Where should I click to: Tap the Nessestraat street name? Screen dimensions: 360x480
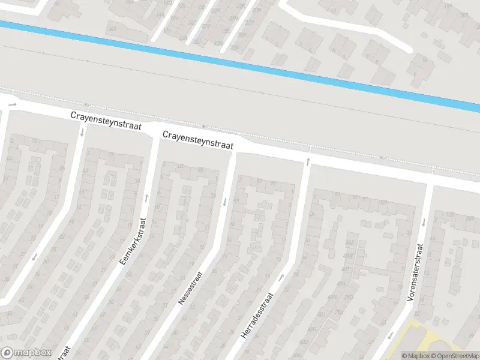(190, 287)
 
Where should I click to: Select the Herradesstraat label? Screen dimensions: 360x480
(257, 317)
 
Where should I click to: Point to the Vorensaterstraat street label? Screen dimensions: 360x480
(415, 272)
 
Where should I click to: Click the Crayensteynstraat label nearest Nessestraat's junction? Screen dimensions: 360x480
(197, 140)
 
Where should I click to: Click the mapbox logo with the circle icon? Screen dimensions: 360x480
(25, 353)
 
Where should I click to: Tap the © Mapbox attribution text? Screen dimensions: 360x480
(416, 356)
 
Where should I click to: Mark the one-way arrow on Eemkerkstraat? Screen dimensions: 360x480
(146, 197)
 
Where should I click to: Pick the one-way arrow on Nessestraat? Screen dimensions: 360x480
(225, 202)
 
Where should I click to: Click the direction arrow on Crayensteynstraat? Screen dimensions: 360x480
(13, 105)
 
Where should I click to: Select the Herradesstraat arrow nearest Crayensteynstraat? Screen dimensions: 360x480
(308, 161)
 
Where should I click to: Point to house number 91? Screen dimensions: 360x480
(338, 195)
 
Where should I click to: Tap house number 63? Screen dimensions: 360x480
(181, 167)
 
